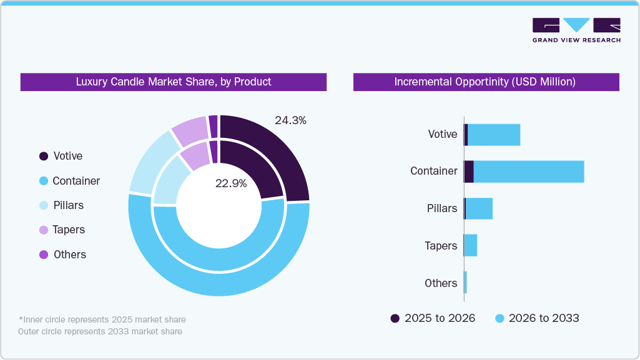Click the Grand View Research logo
(x=576, y=30)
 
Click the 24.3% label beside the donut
(x=290, y=120)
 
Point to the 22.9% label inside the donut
(x=231, y=183)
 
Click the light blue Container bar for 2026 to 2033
(x=528, y=172)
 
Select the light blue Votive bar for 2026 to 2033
(x=494, y=135)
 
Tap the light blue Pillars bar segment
(x=479, y=208)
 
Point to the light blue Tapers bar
(x=471, y=245)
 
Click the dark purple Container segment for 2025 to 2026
(x=468, y=172)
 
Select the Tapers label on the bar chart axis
(x=441, y=246)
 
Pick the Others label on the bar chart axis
(x=441, y=283)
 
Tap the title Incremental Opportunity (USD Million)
(x=485, y=82)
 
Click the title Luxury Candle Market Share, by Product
(x=174, y=82)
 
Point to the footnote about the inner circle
(x=102, y=319)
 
